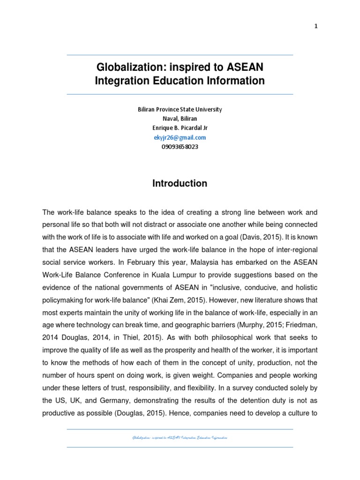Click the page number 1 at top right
316,26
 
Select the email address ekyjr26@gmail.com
180,137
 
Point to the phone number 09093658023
180,147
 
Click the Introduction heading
180,184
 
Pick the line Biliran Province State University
180,109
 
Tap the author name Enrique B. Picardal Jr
180,128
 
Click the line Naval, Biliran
180,119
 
